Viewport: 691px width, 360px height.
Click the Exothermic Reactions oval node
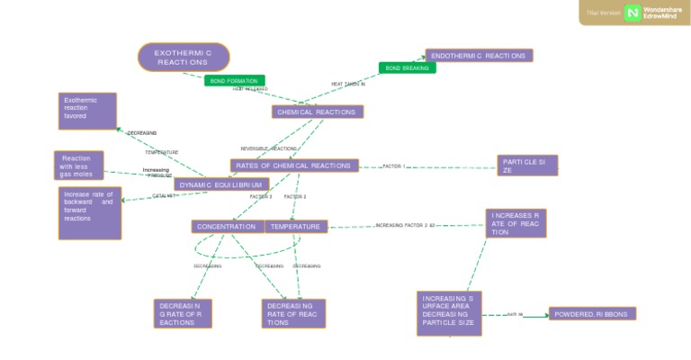click(184, 57)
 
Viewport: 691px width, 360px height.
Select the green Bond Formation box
click(235, 81)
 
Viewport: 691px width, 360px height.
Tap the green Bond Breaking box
click(407, 67)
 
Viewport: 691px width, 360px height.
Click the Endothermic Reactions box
click(479, 56)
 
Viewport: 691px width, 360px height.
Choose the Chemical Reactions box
click(318, 112)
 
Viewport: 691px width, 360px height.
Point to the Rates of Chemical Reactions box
click(294, 166)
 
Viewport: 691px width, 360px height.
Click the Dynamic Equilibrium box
click(221, 184)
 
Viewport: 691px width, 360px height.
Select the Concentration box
click(228, 227)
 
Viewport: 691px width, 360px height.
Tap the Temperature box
click(296, 227)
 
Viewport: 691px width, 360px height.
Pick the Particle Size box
click(528, 166)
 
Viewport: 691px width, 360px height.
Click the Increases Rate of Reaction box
click(516, 224)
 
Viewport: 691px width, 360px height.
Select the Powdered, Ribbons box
click(592, 314)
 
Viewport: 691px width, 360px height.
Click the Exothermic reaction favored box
click(87, 111)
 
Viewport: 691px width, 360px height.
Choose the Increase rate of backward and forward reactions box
click(89, 212)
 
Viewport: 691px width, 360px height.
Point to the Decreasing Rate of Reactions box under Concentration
click(183, 313)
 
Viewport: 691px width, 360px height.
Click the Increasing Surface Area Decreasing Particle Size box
click(450, 313)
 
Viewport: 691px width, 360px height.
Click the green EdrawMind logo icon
click(633, 13)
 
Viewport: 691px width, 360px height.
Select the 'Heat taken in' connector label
click(348, 84)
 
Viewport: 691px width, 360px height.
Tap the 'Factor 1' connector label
click(394, 166)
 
